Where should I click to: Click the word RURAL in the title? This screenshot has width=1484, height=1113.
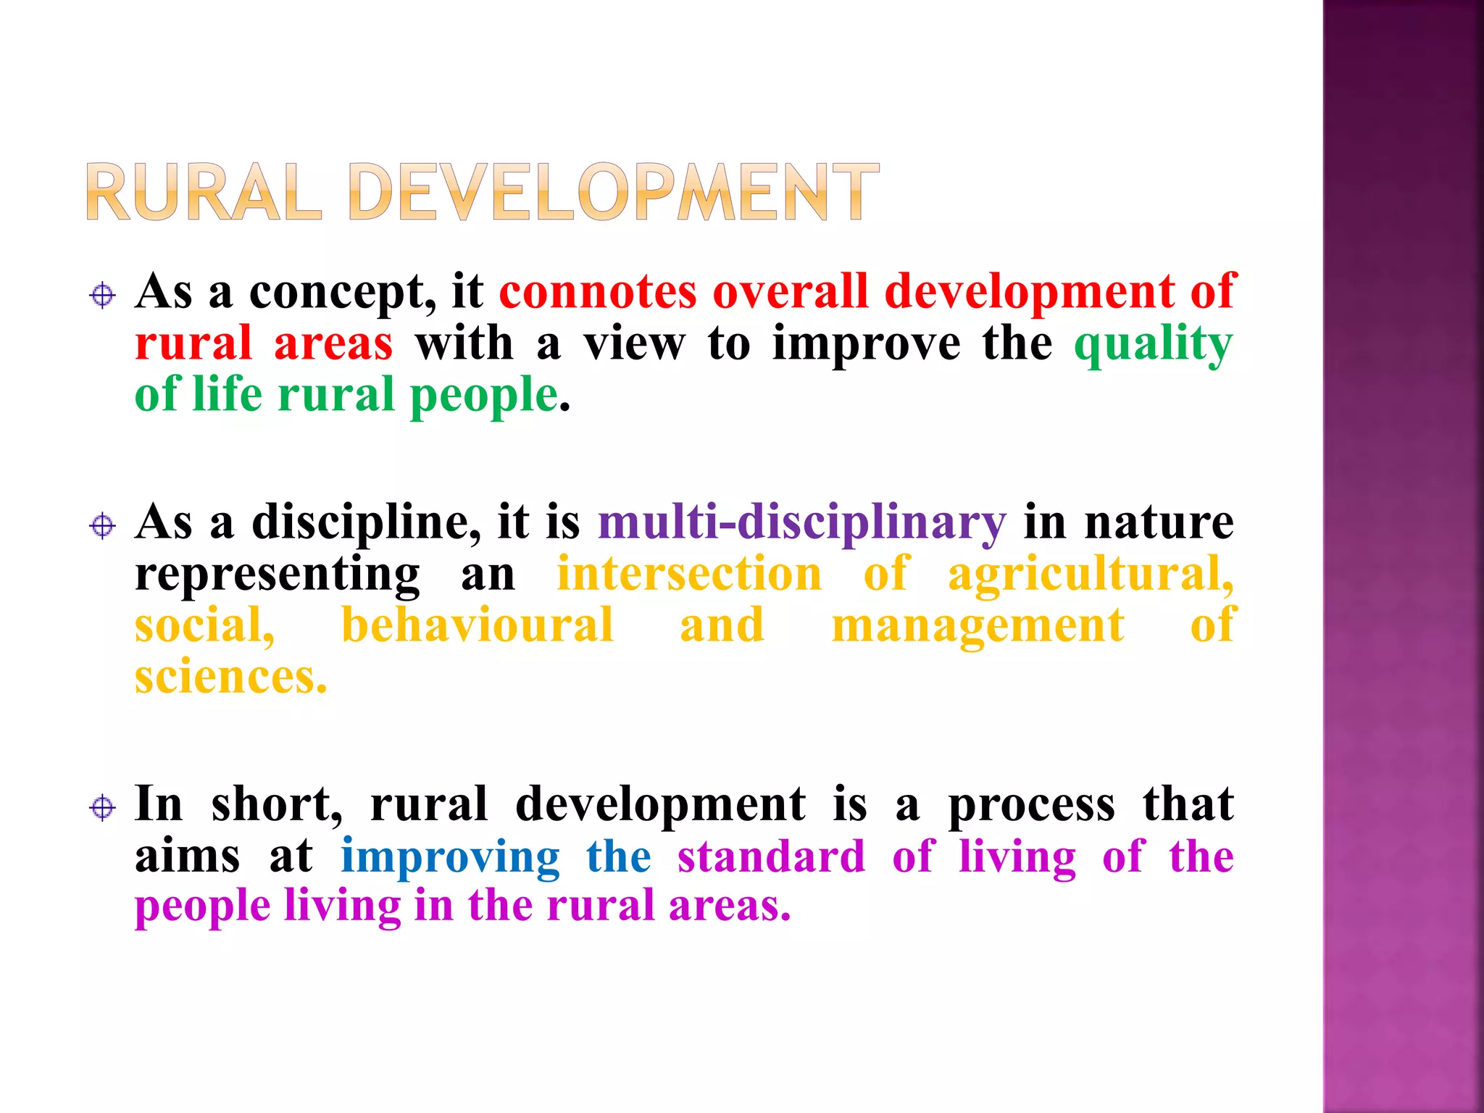tap(204, 192)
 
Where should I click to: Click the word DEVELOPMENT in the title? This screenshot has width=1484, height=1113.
tap(614, 192)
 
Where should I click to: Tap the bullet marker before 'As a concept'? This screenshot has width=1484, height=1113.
tap(103, 296)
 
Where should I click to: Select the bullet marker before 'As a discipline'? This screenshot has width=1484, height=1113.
tap(103, 525)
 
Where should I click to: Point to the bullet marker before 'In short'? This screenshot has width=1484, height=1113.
tap(103, 807)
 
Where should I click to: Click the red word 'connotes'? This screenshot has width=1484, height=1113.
tap(598, 292)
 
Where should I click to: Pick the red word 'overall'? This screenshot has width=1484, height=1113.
tap(791, 292)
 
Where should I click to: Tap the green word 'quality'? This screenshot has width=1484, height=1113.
tap(1153, 344)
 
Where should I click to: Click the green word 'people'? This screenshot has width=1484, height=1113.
tap(484, 396)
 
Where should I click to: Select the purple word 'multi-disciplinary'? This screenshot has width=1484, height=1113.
tap(801, 522)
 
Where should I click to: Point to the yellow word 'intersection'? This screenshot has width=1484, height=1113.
tap(689, 574)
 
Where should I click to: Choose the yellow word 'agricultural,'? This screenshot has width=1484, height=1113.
tap(1091, 574)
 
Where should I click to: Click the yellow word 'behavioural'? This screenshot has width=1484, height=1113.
tap(478, 625)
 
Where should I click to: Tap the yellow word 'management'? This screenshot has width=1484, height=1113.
tap(978, 627)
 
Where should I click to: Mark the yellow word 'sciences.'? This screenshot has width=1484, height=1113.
tap(231, 678)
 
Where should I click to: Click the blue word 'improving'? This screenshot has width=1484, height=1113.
tap(450, 857)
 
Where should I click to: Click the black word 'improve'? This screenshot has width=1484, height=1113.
tap(867, 343)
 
